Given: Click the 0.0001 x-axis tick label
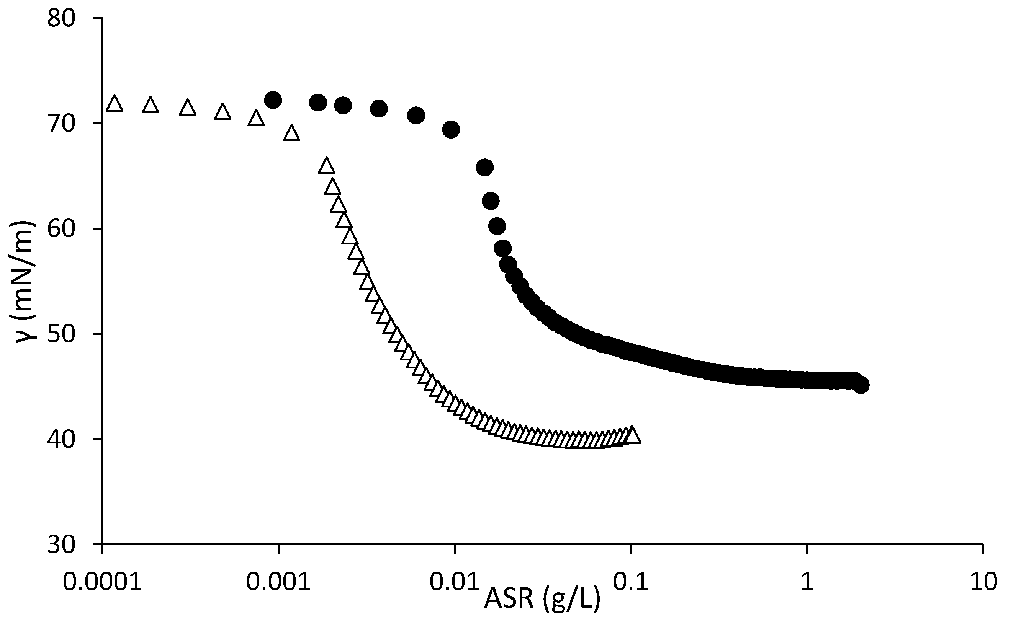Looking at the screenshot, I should [x=102, y=582].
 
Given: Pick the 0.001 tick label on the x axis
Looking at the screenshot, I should [x=278, y=582].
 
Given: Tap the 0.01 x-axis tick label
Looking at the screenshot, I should [x=455, y=582].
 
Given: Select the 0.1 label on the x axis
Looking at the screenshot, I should [x=630, y=582].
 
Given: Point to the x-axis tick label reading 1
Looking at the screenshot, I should [x=807, y=582].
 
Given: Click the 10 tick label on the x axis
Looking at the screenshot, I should [x=983, y=582].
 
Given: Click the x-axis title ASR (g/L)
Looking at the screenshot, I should [x=542, y=599].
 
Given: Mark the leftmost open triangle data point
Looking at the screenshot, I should [x=115, y=104].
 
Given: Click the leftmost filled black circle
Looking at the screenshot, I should [x=273, y=100].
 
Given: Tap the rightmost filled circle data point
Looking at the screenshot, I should [x=861, y=385].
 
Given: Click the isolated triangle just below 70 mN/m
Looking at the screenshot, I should [x=291, y=134].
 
